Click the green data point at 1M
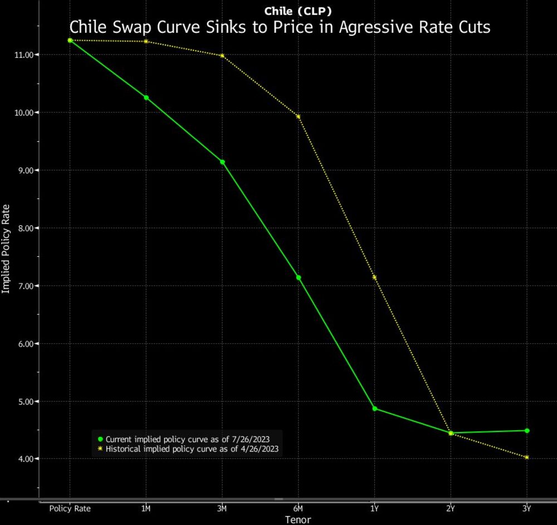point(146,98)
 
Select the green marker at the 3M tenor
point(222,162)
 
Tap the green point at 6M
point(299,278)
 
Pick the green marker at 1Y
point(374,409)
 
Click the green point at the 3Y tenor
point(526,430)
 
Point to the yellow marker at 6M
point(299,116)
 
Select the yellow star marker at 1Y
point(374,277)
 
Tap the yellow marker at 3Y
point(526,457)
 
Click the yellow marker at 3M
point(222,56)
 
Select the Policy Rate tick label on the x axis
point(70,508)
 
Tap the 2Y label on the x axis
point(450,508)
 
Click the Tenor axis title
point(297,519)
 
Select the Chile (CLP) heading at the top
point(299,10)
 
